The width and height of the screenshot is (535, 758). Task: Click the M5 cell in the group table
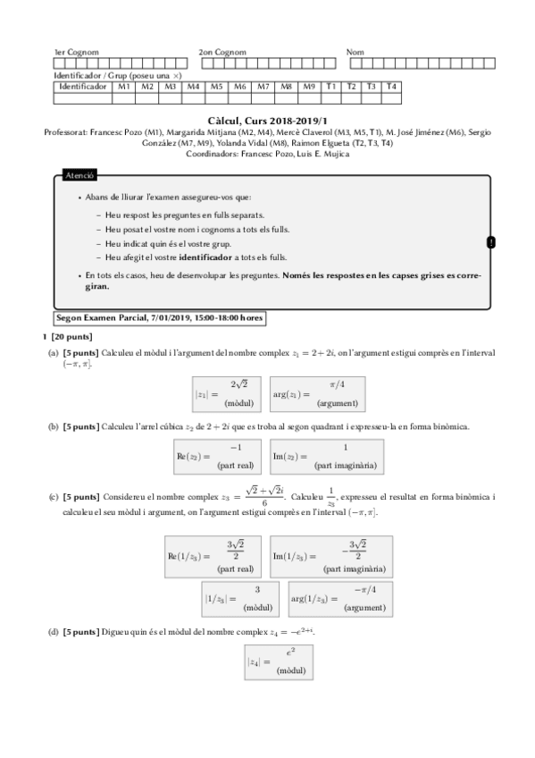pyautogui.click(x=216, y=87)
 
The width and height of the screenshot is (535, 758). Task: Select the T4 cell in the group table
pyautogui.click(x=390, y=87)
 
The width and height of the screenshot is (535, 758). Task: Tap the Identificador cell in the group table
pyautogui.click(x=83, y=87)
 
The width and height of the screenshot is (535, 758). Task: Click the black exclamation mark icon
pyautogui.click(x=491, y=242)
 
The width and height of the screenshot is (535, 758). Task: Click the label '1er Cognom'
pyautogui.click(x=76, y=53)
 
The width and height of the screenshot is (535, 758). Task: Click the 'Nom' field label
pyautogui.click(x=355, y=53)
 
